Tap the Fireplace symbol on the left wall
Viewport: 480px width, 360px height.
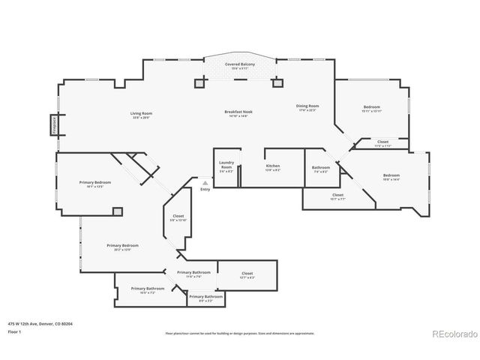coord(55,123)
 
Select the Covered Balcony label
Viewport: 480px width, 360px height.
coord(240,64)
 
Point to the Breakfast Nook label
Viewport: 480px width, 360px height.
coord(238,112)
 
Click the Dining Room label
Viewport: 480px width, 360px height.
coord(307,106)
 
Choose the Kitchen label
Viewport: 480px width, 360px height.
coord(273,165)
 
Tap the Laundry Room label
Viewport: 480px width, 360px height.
coord(226,166)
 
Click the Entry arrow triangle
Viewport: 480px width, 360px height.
coord(205,181)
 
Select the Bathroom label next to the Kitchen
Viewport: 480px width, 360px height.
coord(321,167)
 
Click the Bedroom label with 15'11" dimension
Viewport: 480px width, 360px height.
coord(372,106)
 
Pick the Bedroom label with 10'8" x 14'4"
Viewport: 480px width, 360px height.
coord(391,175)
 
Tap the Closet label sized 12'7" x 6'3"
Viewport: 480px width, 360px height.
coord(247,273)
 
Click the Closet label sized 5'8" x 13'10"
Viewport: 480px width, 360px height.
coord(178,217)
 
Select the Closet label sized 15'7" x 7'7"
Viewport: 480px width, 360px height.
coord(337,195)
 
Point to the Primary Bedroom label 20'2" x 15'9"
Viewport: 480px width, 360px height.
coord(122,245)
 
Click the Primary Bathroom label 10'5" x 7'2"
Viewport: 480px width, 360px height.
coord(148,289)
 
